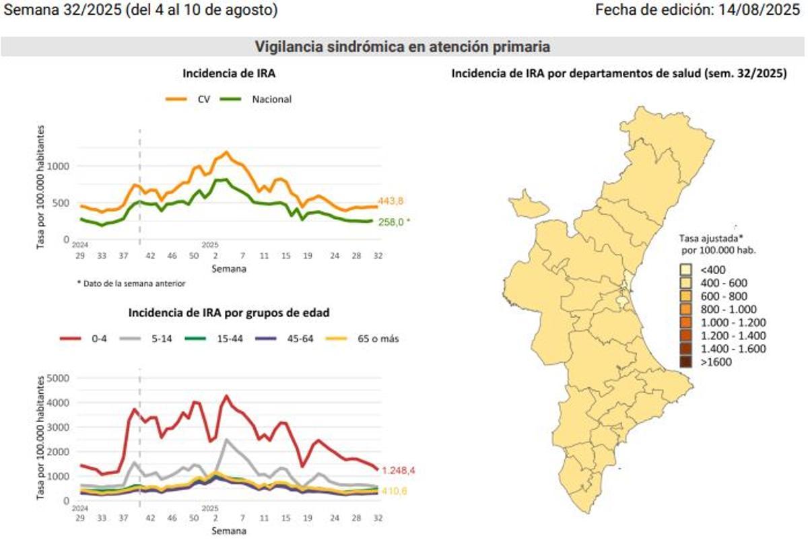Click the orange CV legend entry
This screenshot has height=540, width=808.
pos(189,99)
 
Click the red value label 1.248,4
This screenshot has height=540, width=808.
pos(404,470)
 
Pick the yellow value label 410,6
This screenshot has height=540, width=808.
pos(395,491)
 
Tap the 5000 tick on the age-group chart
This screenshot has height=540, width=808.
pos(60,378)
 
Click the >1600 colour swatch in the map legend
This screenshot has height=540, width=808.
pos(685,362)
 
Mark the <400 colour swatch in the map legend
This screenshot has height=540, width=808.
pos(685,270)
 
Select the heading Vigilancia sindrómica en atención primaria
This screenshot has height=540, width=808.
pos(403,46)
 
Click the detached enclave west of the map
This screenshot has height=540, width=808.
pos(528,205)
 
